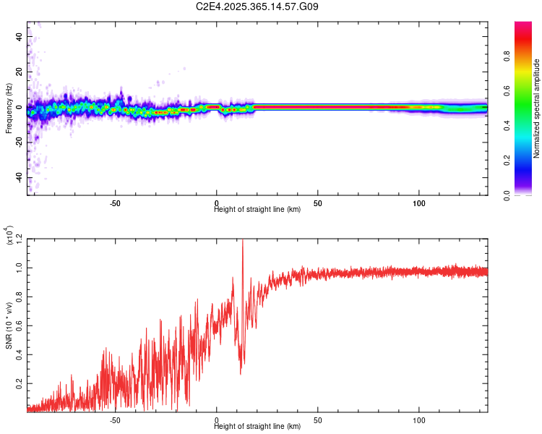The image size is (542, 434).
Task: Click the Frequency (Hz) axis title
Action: click(x=9, y=109)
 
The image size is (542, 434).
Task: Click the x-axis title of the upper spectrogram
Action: click(x=257, y=209)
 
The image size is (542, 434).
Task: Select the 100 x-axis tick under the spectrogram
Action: click(x=418, y=202)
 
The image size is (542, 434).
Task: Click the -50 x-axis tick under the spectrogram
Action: click(x=115, y=202)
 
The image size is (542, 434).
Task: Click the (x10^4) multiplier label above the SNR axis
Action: click(x=9, y=236)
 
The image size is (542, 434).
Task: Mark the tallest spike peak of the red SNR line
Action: click(x=242, y=241)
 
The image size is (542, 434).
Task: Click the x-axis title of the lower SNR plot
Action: click(x=257, y=426)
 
